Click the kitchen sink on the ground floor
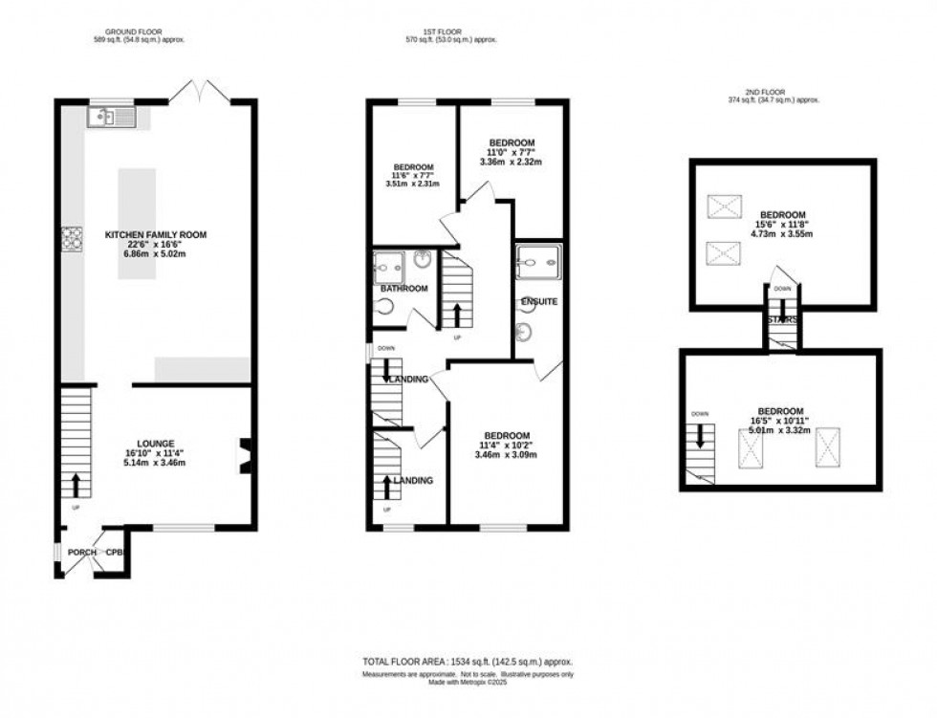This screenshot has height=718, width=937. [x=112, y=118]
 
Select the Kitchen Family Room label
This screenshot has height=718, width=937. [x=156, y=234]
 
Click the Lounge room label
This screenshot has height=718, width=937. [x=155, y=444]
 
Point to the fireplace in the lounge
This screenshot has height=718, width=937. [x=245, y=456]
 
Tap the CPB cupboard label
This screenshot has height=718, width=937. [x=115, y=554]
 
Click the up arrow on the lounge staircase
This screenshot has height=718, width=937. [x=76, y=484]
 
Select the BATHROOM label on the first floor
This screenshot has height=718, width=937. [x=403, y=288]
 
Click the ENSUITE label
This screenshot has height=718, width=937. [x=539, y=302]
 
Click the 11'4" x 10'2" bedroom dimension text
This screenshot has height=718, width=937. [x=507, y=446]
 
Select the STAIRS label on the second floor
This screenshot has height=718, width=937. [x=781, y=320]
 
